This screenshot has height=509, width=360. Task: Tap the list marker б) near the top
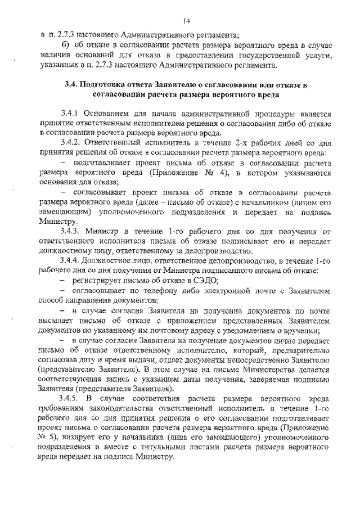pyautogui.click(x=65, y=44)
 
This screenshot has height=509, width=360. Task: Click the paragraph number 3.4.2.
pyautogui.click(x=74, y=143)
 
